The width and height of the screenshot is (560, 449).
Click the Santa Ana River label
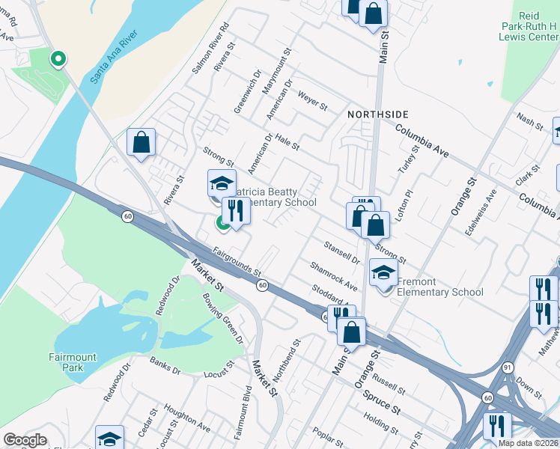113,57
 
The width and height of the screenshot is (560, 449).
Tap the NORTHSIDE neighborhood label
378,114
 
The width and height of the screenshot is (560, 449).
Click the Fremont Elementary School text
440,287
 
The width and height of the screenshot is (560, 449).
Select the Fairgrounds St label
237,261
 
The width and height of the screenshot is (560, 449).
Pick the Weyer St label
313,101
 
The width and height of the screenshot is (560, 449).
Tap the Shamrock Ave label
334,276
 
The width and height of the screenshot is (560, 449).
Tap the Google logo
25,440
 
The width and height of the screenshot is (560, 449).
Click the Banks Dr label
165,366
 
